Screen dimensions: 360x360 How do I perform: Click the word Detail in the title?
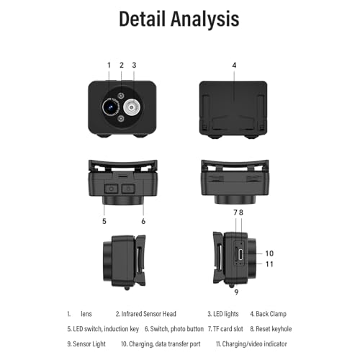[142, 19]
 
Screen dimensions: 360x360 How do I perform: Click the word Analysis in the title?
[205, 19]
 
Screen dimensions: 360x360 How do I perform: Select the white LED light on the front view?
[132, 107]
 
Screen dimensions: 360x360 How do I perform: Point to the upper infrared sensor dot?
[121, 96]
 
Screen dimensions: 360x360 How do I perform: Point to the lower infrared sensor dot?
[121, 119]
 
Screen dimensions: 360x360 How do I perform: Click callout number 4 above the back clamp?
[234, 65]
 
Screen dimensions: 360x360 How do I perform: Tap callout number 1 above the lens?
[109, 65]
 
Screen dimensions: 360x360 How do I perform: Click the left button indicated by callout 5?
[111, 189]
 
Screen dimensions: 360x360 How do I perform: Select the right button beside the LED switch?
[128, 189]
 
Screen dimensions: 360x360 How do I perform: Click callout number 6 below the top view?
[143, 221]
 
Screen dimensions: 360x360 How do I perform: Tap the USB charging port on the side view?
[241, 255]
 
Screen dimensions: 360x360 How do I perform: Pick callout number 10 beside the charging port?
[269, 253]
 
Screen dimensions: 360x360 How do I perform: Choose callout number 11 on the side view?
[269, 264]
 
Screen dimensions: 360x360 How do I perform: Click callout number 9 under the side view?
[236, 292]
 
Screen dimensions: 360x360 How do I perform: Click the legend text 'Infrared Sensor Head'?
[149, 314]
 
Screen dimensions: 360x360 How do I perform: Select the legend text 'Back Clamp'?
[271, 314]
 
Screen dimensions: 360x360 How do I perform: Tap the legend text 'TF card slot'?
[228, 329]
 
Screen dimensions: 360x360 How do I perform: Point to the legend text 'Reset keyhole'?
[274, 329]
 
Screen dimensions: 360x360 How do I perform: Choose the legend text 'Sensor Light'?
[89, 344]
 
